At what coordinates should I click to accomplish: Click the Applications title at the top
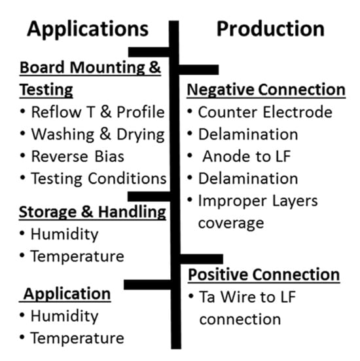88,29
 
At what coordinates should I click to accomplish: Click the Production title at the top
270,29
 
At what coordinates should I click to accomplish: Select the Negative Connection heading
266,90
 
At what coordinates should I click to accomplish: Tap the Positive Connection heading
264,275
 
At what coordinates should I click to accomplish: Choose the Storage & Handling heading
92,212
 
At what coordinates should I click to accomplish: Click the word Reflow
56,112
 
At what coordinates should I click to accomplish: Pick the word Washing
63,135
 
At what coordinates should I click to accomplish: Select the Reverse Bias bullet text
77,157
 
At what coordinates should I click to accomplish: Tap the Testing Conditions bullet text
99,179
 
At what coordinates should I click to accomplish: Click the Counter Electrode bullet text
265,112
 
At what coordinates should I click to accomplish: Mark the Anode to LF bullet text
247,157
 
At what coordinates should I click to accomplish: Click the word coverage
231,223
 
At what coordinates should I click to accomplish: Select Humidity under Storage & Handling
64,235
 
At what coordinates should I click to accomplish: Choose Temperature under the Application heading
77,339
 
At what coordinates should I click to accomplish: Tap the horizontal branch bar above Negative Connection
199,69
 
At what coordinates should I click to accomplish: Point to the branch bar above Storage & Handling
149,197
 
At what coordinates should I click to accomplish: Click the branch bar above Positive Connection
202,259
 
